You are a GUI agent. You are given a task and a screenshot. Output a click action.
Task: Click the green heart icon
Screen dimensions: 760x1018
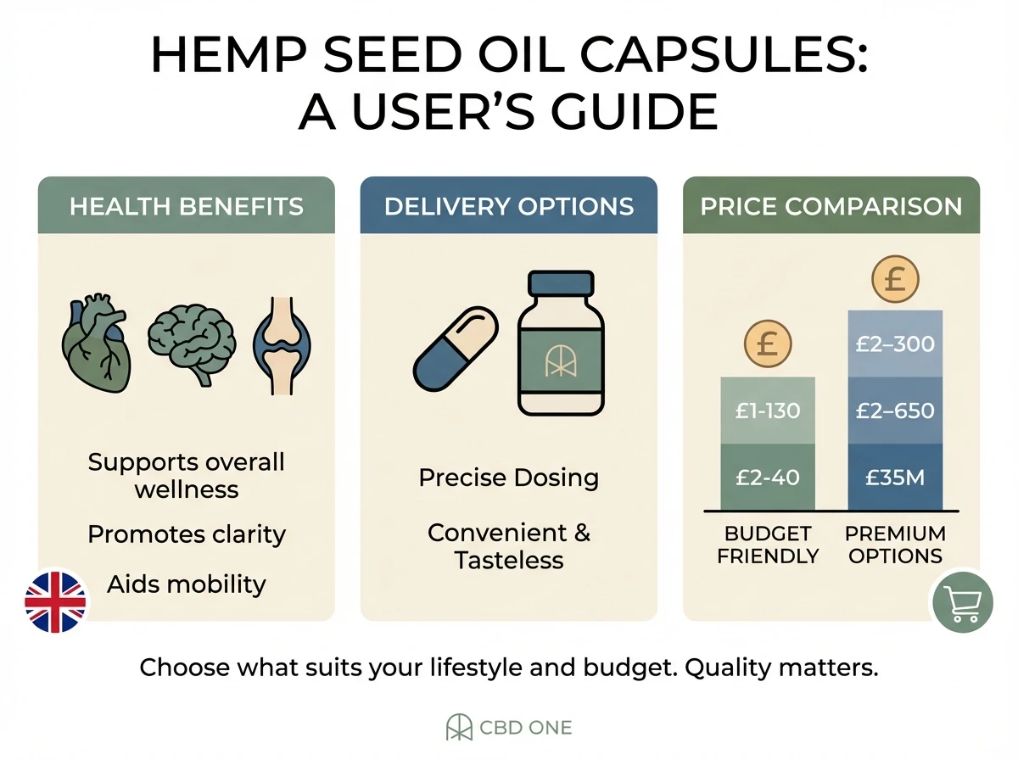pyautogui.click(x=98, y=343)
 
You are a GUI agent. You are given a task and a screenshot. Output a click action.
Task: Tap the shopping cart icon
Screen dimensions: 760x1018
pyautogui.click(x=962, y=603)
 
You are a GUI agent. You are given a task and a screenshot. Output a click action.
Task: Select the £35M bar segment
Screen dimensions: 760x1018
pyautogui.click(x=895, y=477)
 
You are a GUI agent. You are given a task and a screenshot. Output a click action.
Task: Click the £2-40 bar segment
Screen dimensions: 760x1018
pyautogui.click(x=768, y=477)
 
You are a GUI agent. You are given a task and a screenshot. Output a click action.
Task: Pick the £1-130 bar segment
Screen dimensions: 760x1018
pyautogui.click(x=768, y=411)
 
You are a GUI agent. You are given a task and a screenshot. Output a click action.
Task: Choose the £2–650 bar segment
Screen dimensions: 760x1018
pyautogui.click(x=895, y=411)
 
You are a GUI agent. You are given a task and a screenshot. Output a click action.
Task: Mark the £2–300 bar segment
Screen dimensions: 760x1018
pyautogui.click(x=895, y=344)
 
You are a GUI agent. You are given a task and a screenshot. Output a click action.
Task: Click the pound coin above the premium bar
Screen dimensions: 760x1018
pyautogui.click(x=895, y=281)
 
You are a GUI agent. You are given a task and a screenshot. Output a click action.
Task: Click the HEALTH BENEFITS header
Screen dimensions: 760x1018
pyautogui.click(x=187, y=206)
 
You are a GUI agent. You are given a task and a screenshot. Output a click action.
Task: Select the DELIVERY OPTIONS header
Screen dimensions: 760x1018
pyautogui.click(x=509, y=206)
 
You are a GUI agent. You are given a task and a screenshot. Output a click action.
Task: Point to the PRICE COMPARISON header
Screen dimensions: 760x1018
pyautogui.click(x=831, y=206)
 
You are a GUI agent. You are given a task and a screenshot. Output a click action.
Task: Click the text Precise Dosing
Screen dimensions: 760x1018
pyautogui.click(x=509, y=478)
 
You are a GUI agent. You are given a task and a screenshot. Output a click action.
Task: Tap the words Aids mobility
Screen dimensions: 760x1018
pyautogui.click(x=187, y=584)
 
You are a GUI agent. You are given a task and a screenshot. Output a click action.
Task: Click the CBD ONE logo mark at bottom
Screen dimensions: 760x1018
pyautogui.click(x=460, y=728)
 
